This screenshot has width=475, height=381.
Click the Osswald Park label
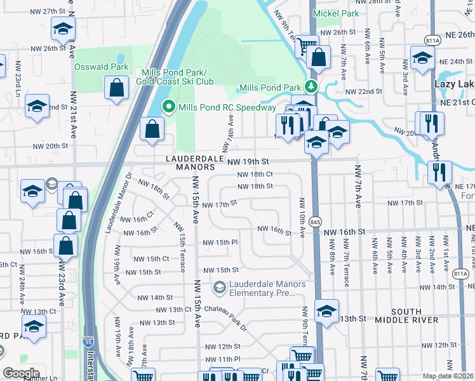(x=101, y=67)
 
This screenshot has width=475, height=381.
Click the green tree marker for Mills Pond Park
(x=311, y=86)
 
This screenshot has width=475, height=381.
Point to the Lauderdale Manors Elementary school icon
(x=219, y=288)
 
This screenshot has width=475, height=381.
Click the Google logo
(x=21, y=373)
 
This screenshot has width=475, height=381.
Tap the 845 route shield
(x=316, y=221)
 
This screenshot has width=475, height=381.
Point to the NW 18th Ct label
(x=255, y=174)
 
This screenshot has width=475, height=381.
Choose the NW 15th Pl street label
(x=220, y=243)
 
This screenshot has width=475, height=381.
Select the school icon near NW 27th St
(x=63, y=29)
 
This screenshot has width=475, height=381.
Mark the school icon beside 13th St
(x=326, y=311)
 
